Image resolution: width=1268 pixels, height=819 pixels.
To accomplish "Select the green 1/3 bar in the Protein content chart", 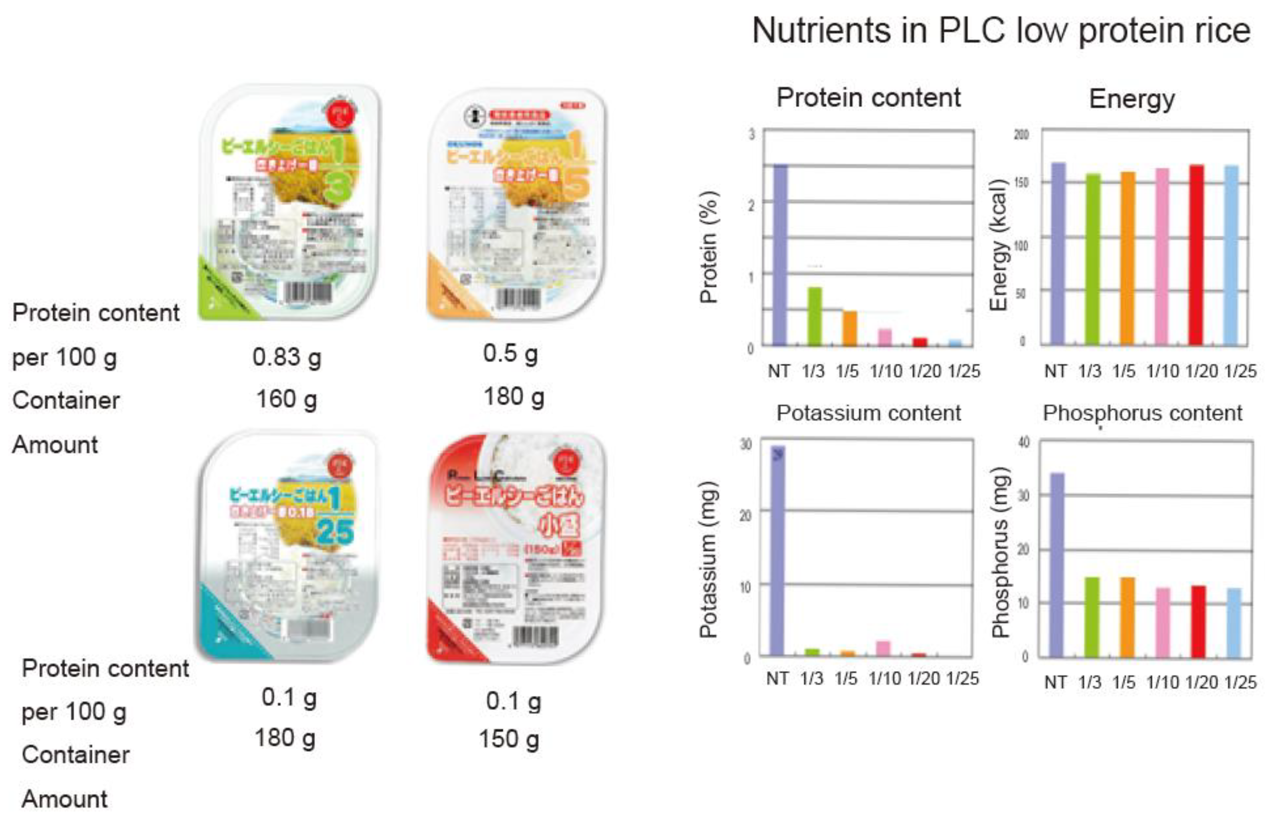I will (x=815, y=317).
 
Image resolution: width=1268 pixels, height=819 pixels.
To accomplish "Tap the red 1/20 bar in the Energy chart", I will (x=1196, y=255).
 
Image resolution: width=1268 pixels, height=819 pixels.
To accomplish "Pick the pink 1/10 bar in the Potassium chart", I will (x=883, y=648).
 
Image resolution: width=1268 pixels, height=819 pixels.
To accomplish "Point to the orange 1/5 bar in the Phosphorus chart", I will (x=1128, y=617).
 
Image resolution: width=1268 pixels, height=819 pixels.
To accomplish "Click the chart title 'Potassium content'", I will (x=868, y=413).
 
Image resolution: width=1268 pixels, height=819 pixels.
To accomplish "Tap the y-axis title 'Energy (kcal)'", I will (x=998, y=245).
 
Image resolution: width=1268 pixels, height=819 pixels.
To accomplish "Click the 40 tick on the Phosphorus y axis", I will (x=1023, y=442).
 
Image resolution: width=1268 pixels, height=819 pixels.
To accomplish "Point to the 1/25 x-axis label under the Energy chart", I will (x=1240, y=371).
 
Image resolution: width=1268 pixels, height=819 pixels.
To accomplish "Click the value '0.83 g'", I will (x=286, y=357).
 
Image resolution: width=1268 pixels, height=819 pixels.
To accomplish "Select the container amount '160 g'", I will (x=286, y=399).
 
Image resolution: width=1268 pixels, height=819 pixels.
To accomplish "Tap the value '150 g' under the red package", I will (x=509, y=739).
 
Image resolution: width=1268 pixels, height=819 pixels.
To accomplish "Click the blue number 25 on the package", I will (x=335, y=531).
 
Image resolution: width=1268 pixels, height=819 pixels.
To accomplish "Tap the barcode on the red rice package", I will (x=536, y=636).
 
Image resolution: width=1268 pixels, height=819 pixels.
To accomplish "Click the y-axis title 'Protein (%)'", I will (x=709, y=247).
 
